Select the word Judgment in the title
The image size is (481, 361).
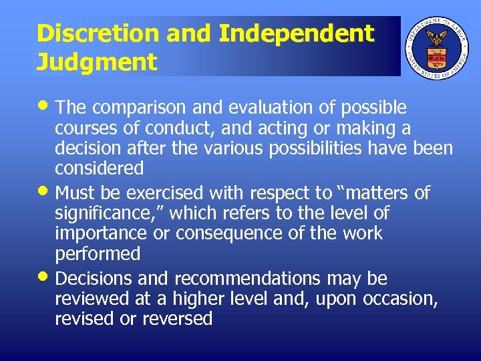[97, 62]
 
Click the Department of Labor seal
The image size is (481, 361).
[438, 46]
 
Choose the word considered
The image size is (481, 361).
[100, 168]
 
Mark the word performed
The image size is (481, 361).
[98, 254]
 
